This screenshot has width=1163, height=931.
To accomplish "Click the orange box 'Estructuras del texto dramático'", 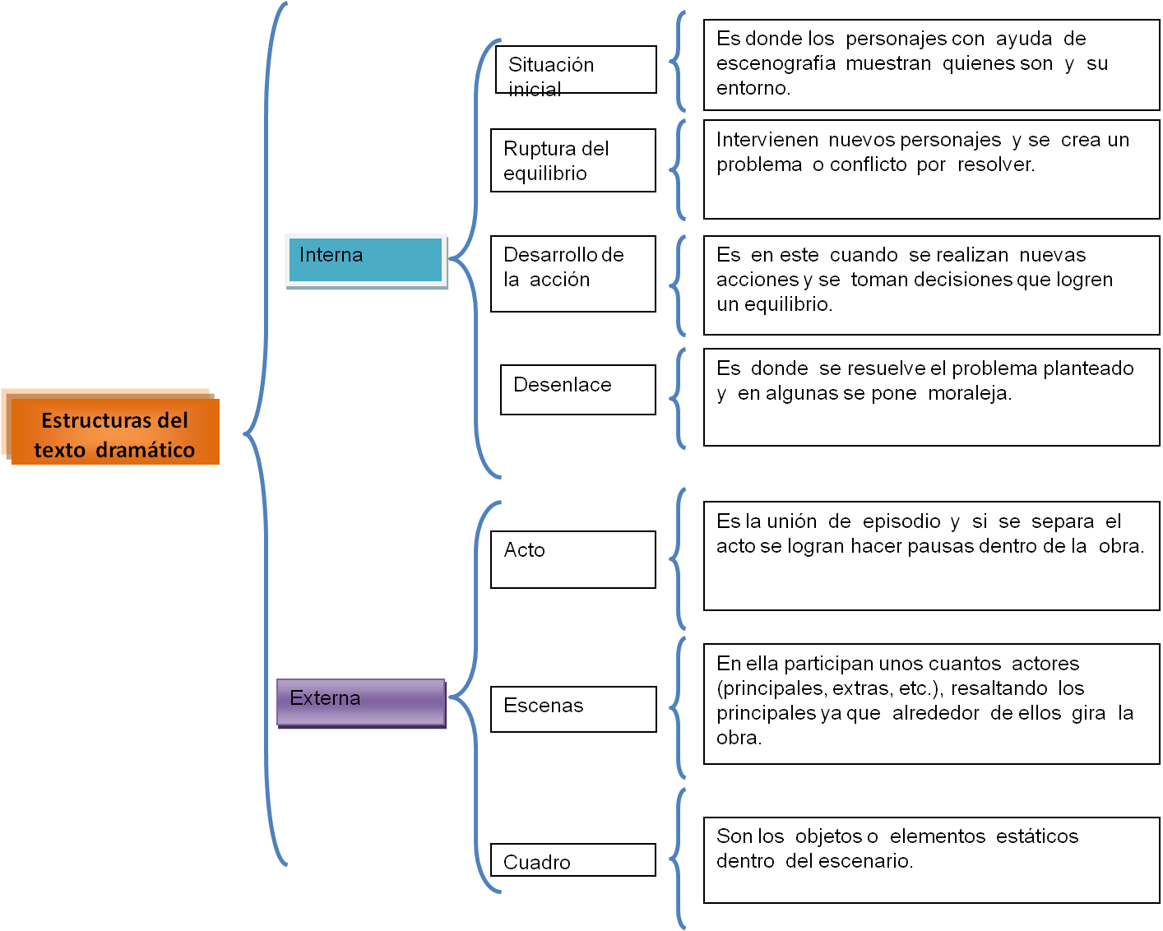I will tap(114, 433).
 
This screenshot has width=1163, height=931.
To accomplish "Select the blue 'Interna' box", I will tap(366, 259).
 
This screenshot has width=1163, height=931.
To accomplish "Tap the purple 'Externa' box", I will tap(361, 702).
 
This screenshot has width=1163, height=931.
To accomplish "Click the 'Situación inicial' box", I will tap(576, 70).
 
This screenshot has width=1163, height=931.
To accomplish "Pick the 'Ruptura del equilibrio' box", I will tap(573, 160).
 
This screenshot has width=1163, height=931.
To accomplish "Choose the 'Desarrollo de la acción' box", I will tap(573, 274).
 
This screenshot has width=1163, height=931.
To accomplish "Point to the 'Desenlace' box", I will tap(577, 389).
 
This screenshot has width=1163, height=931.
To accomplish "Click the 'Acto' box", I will tap(573, 559).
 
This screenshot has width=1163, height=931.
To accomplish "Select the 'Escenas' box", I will tap(573, 709).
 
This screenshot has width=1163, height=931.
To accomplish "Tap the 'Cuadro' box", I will tap(573, 860).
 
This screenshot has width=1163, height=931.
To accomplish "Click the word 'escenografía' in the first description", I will tap(776, 63).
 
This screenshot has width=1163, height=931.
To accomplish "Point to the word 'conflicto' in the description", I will tap(868, 164).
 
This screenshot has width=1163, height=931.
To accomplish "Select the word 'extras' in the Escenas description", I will tap(860, 688).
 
